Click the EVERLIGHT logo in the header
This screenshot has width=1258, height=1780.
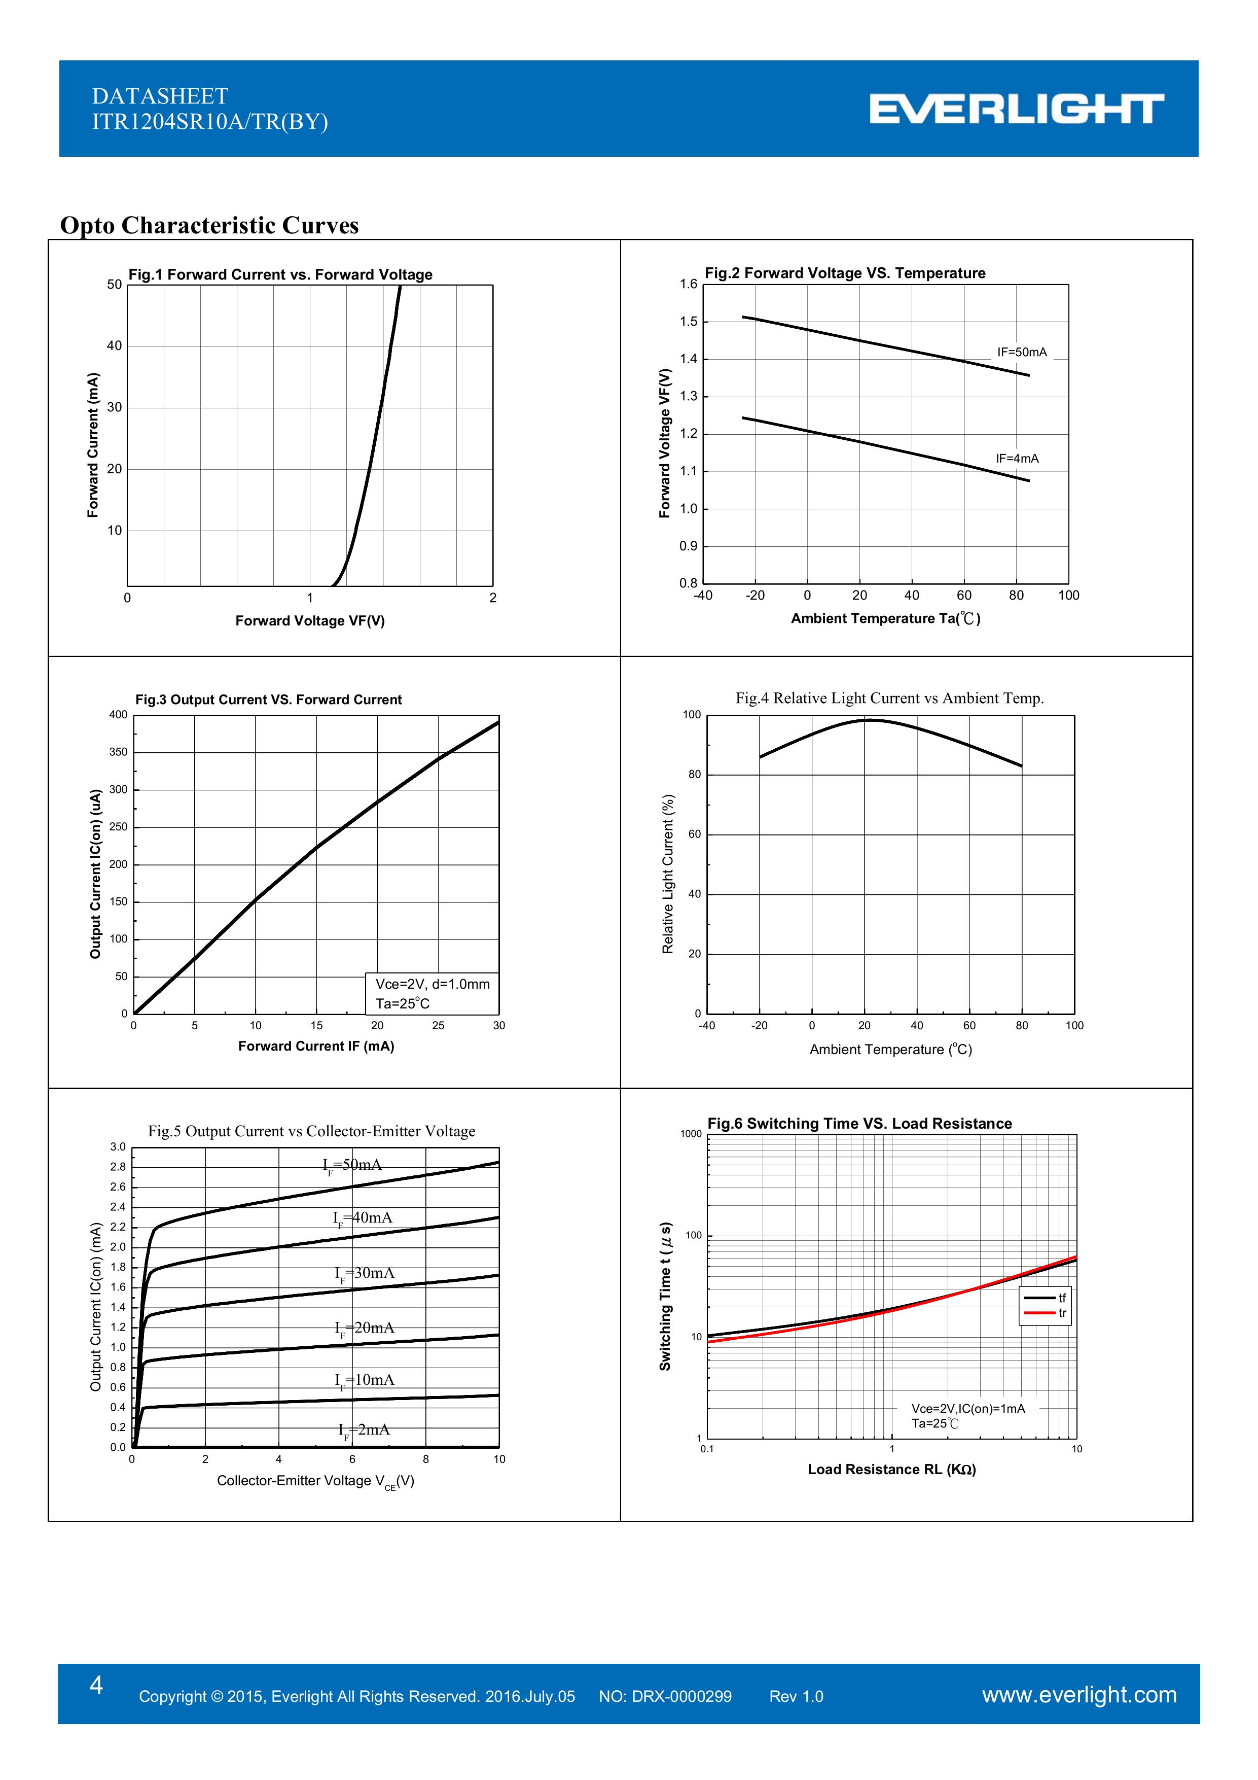click(x=1016, y=109)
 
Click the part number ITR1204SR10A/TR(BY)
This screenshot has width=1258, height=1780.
click(x=210, y=122)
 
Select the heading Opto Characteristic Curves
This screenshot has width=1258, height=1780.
click(x=209, y=226)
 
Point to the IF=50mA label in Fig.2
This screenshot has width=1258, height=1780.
click(x=1022, y=352)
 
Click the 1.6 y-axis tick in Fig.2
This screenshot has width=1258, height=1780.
click(x=688, y=285)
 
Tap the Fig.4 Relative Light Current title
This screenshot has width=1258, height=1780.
click(x=889, y=697)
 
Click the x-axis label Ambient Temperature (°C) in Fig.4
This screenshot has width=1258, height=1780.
click(x=890, y=1050)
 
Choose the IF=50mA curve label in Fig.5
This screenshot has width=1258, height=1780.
click(x=353, y=1165)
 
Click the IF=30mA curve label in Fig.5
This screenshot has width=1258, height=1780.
click(x=364, y=1273)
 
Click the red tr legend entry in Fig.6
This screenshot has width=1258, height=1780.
click(x=1046, y=1313)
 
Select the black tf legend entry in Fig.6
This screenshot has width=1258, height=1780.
click(x=1046, y=1298)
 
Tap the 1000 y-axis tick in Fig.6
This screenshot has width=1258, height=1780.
click(x=691, y=1134)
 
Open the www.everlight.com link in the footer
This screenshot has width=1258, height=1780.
click(x=1079, y=1695)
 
